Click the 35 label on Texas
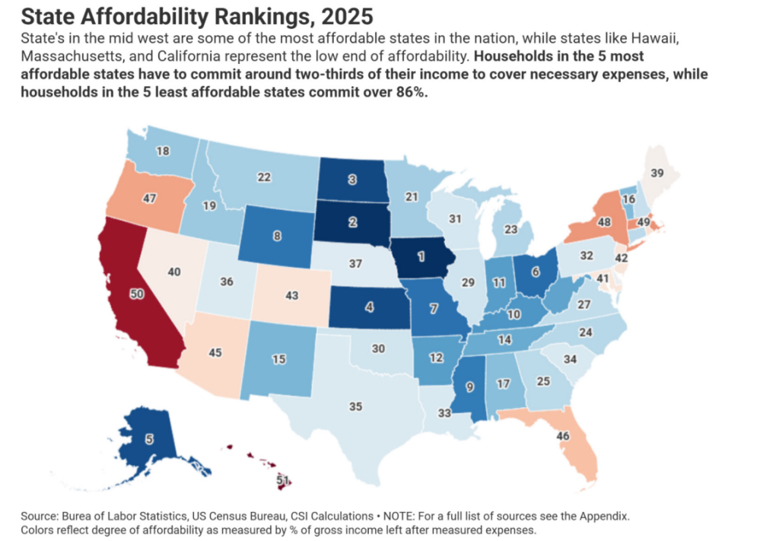[355, 406]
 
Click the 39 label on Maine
[657, 173]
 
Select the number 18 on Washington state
[163, 151]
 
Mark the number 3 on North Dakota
[353, 180]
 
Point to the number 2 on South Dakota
[353, 222]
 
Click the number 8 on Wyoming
[276, 236]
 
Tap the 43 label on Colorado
[292, 294]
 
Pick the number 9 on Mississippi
[469, 386]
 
